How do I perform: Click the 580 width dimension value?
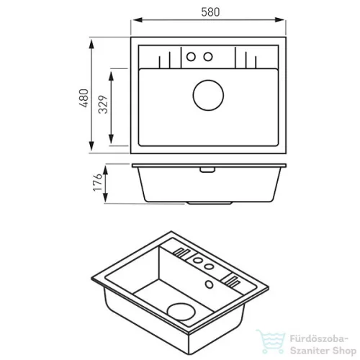click(x=210, y=12)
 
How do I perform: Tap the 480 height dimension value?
click(x=84, y=98)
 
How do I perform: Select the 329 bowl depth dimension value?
click(x=104, y=104)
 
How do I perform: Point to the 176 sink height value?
click(x=98, y=182)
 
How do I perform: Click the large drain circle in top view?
click(x=208, y=95)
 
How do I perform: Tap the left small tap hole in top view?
click(x=191, y=57)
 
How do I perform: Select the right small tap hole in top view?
click(x=208, y=57)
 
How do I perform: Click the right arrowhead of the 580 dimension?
click(x=279, y=20)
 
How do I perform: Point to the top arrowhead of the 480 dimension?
click(x=91, y=45)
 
